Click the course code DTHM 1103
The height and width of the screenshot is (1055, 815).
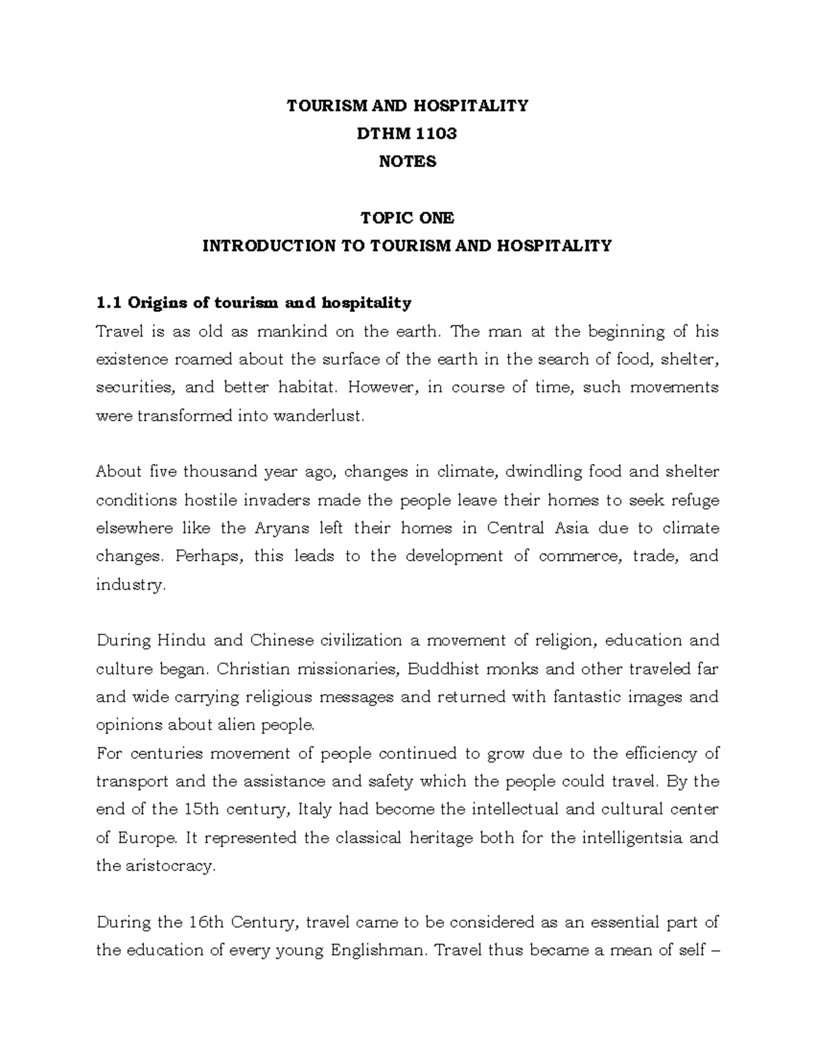point(407,134)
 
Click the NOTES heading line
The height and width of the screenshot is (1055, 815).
point(407,162)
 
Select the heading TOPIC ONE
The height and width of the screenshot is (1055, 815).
point(407,218)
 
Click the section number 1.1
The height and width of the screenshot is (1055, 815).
point(109,302)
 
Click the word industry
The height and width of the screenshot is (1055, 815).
point(130,585)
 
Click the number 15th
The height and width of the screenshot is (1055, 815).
point(201,810)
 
